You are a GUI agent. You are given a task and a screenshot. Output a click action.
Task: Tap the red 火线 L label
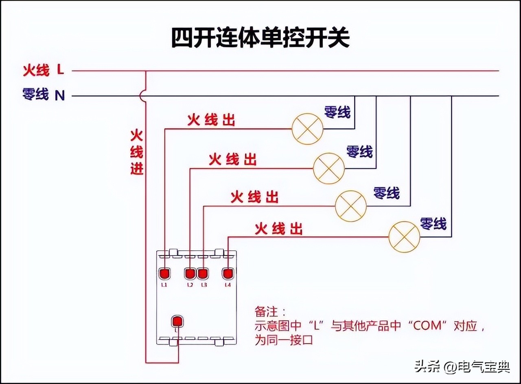point(43,71)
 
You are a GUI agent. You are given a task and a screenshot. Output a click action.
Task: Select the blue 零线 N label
point(43,95)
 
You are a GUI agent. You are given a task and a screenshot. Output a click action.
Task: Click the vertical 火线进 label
point(137,152)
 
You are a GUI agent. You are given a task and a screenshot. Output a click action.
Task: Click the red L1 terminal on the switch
point(164,273)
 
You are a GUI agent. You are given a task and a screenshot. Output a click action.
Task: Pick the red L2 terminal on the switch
point(190,273)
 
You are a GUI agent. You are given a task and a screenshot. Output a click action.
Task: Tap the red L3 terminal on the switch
point(203,273)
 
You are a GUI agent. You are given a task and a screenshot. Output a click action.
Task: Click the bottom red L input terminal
point(177,321)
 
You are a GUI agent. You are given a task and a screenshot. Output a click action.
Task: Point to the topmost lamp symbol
point(307,129)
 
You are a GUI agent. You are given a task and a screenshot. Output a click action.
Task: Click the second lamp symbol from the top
point(328,168)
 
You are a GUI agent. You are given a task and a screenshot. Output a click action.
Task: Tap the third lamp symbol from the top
point(350,206)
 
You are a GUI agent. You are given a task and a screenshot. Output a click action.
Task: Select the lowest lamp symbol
point(404,237)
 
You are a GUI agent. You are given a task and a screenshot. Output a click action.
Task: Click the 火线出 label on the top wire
point(211,120)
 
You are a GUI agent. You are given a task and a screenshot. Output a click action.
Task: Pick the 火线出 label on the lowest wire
point(279,229)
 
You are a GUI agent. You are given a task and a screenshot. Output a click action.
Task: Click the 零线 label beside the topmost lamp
point(337,112)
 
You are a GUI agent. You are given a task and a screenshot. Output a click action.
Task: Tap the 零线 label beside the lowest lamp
point(433,223)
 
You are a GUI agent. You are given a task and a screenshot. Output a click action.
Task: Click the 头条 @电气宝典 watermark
point(462,367)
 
